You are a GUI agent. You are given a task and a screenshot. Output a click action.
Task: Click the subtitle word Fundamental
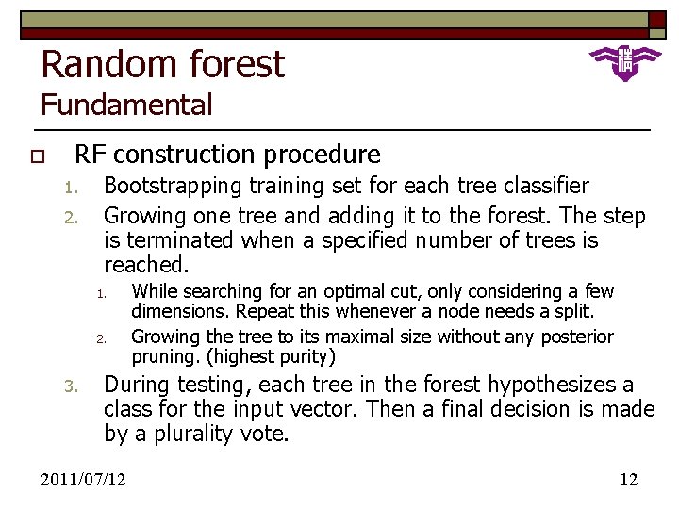(127, 105)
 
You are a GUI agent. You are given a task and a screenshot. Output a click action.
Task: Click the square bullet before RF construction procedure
(38, 156)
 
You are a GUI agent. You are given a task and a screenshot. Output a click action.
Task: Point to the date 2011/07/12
(84, 480)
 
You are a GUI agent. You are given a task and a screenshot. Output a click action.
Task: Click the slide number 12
(628, 480)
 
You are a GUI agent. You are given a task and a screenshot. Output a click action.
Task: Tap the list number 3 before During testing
(69, 386)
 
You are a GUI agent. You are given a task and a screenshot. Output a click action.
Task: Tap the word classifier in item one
(541, 187)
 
